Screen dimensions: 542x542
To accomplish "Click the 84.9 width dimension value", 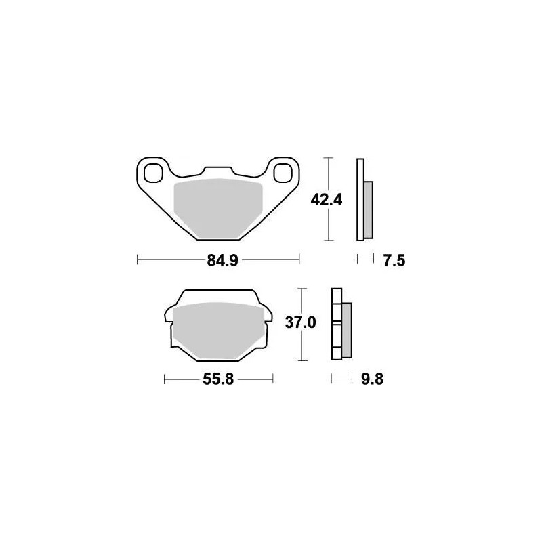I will point(218,259).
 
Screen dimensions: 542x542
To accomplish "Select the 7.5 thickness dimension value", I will point(393,259).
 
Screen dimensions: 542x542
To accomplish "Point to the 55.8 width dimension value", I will point(217,380).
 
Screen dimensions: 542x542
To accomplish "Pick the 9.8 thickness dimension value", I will point(372,380).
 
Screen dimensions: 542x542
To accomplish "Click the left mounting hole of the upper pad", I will point(152,173).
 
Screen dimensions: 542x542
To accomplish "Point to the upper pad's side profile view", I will point(363,200).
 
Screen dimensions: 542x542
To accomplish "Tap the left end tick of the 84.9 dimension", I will point(138,259).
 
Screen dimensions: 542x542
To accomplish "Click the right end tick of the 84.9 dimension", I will point(299,259).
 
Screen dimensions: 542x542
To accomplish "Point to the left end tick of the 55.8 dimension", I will point(165,380).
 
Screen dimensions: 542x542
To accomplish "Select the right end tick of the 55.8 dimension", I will point(272,380).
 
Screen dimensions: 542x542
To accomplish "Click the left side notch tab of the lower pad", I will point(167,315).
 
